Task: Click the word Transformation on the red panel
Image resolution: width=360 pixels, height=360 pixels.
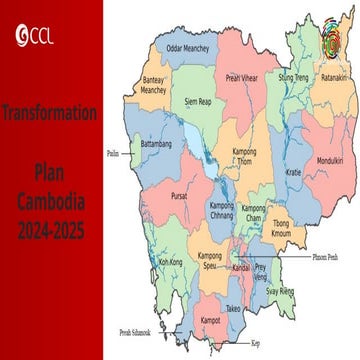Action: [x=49, y=113]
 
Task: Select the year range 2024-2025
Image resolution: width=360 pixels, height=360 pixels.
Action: [x=50, y=232]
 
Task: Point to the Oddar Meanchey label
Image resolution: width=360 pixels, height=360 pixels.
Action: [x=188, y=47]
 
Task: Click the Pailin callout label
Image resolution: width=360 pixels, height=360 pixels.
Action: [x=112, y=154]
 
